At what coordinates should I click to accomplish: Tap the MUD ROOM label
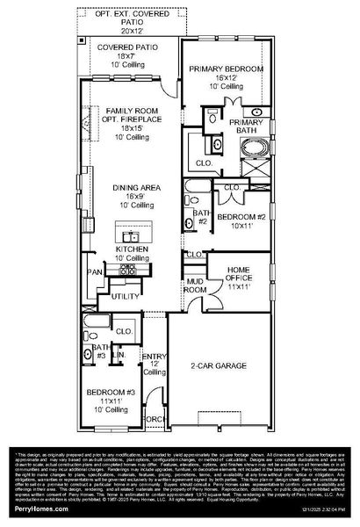click(x=194, y=285)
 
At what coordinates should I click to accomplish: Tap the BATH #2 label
click(x=200, y=217)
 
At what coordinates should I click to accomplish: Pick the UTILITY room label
click(x=123, y=298)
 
